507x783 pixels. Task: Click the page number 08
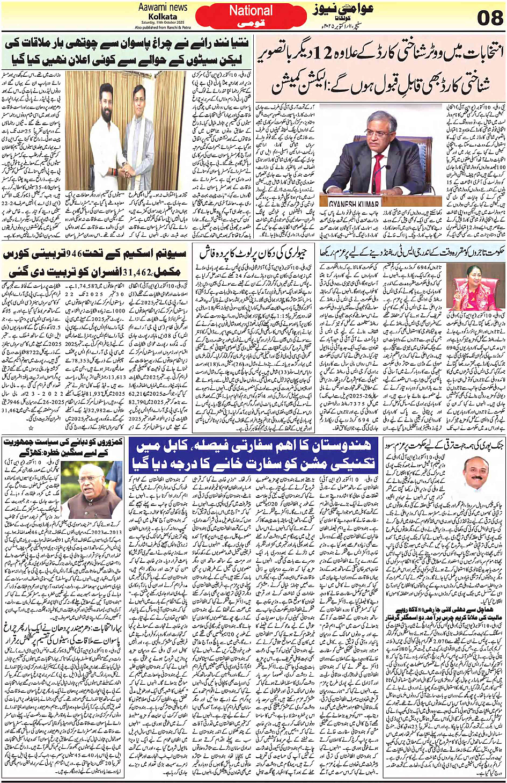coord(490,19)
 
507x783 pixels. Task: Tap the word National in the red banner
coord(251,11)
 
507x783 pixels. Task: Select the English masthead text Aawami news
coord(163,7)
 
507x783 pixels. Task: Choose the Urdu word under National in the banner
coord(251,24)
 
